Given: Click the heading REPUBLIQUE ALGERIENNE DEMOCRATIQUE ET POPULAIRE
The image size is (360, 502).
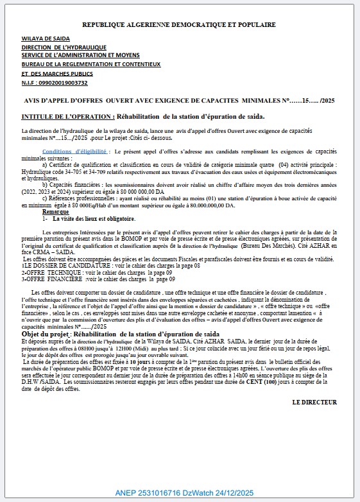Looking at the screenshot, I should [179, 24].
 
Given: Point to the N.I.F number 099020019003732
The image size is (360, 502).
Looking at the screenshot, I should [64, 83].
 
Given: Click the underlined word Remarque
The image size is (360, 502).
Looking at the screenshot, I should [55, 211].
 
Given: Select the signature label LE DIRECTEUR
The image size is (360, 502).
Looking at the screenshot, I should [314, 402].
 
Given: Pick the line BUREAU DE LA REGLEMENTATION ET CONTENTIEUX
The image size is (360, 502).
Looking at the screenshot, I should [90, 64].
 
